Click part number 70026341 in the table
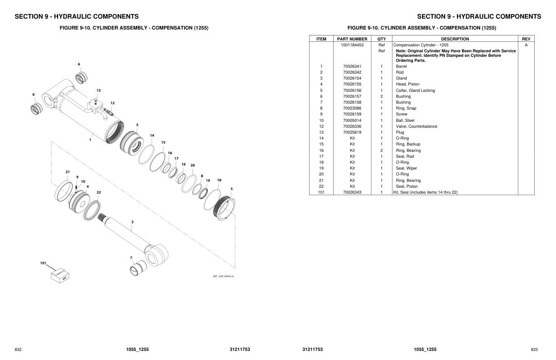[x=352, y=66]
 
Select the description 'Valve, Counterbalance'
[x=416, y=126]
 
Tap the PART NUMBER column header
[x=352, y=39]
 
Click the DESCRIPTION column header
[x=455, y=39]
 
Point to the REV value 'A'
[x=526, y=45]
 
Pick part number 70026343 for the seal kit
[x=352, y=192]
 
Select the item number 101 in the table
[x=321, y=192]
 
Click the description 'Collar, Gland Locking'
[x=415, y=90]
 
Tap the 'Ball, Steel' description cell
[x=405, y=120]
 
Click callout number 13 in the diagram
[x=99, y=90]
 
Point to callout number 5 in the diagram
[x=231, y=189]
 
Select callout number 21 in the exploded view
[x=67, y=172]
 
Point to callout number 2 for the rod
[x=132, y=222]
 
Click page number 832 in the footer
[x=18, y=349]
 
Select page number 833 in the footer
[x=534, y=349]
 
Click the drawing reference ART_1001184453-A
[x=223, y=276]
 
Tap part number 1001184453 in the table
[x=352, y=45]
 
